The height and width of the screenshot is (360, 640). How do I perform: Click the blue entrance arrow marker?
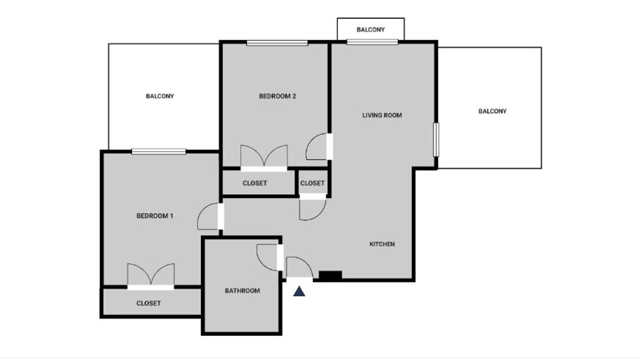point(299,291)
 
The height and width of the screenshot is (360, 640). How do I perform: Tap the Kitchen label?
point(382,244)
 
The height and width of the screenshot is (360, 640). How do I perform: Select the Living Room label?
point(382,115)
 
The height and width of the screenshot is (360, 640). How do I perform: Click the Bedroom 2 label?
point(277,96)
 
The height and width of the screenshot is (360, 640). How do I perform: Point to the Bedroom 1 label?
point(155,215)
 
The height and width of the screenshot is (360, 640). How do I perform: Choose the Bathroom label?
point(242,290)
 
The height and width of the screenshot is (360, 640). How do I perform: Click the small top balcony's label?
point(370,29)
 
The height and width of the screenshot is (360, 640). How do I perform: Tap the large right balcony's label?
point(492,111)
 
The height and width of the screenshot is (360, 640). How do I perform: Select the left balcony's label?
point(159,96)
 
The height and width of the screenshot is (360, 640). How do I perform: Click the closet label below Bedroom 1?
point(148,303)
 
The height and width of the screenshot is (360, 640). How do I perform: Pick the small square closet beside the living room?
point(312,183)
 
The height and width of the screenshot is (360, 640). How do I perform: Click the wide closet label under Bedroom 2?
point(255,183)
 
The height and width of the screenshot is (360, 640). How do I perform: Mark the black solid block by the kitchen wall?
point(330,275)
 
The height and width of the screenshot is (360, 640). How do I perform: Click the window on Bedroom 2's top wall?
point(277,43)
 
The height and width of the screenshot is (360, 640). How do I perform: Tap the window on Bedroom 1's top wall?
point(158,151)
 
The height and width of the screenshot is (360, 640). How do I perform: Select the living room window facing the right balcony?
point(436,139)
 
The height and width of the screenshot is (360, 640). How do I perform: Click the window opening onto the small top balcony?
point(372,42)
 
